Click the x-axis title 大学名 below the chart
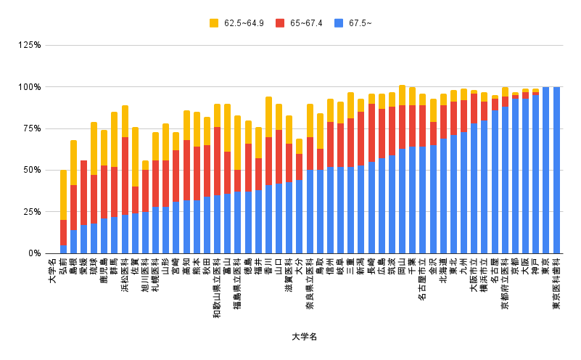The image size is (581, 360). tap(305, 337)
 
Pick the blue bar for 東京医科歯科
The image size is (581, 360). tap(556, 170)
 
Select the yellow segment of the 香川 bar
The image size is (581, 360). tap(268, 117)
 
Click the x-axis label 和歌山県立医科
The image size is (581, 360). tap(217, 288)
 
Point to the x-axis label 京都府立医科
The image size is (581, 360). tap(505, 284)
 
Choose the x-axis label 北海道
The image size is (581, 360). tap(443, 272)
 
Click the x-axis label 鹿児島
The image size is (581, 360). tap(104, 272)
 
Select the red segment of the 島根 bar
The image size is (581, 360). tap(73, 208)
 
